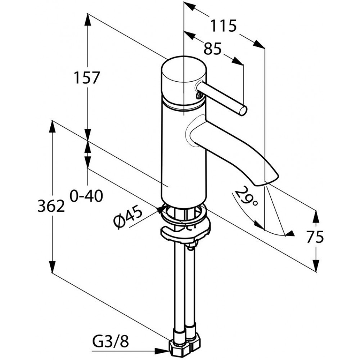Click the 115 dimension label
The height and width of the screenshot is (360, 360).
pos(224,26)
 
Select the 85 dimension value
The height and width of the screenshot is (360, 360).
pos(212,49)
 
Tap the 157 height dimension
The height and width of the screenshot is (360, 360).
pos(87,78)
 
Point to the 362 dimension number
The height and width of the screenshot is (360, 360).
pos(51,206)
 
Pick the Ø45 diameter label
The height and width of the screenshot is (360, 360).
pos(128,216)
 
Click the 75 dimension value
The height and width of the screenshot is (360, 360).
pos(315,237)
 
